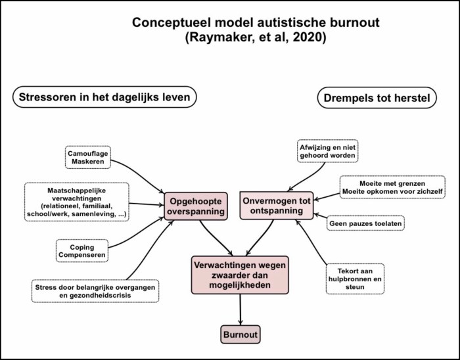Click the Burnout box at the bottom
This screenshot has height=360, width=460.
240,334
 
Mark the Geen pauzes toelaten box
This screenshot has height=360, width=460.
365,223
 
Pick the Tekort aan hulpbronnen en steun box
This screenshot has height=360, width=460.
354,279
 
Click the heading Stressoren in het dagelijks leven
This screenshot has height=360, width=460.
105,99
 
